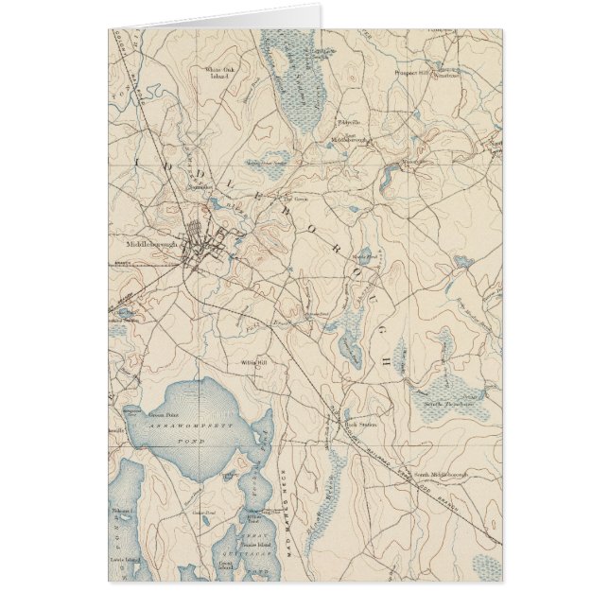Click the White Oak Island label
tap(219, 73)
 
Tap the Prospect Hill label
tap(413, 71)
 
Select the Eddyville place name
tap(350, 123)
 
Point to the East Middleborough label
tap(347, 137)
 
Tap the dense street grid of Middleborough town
tap(201, 244)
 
